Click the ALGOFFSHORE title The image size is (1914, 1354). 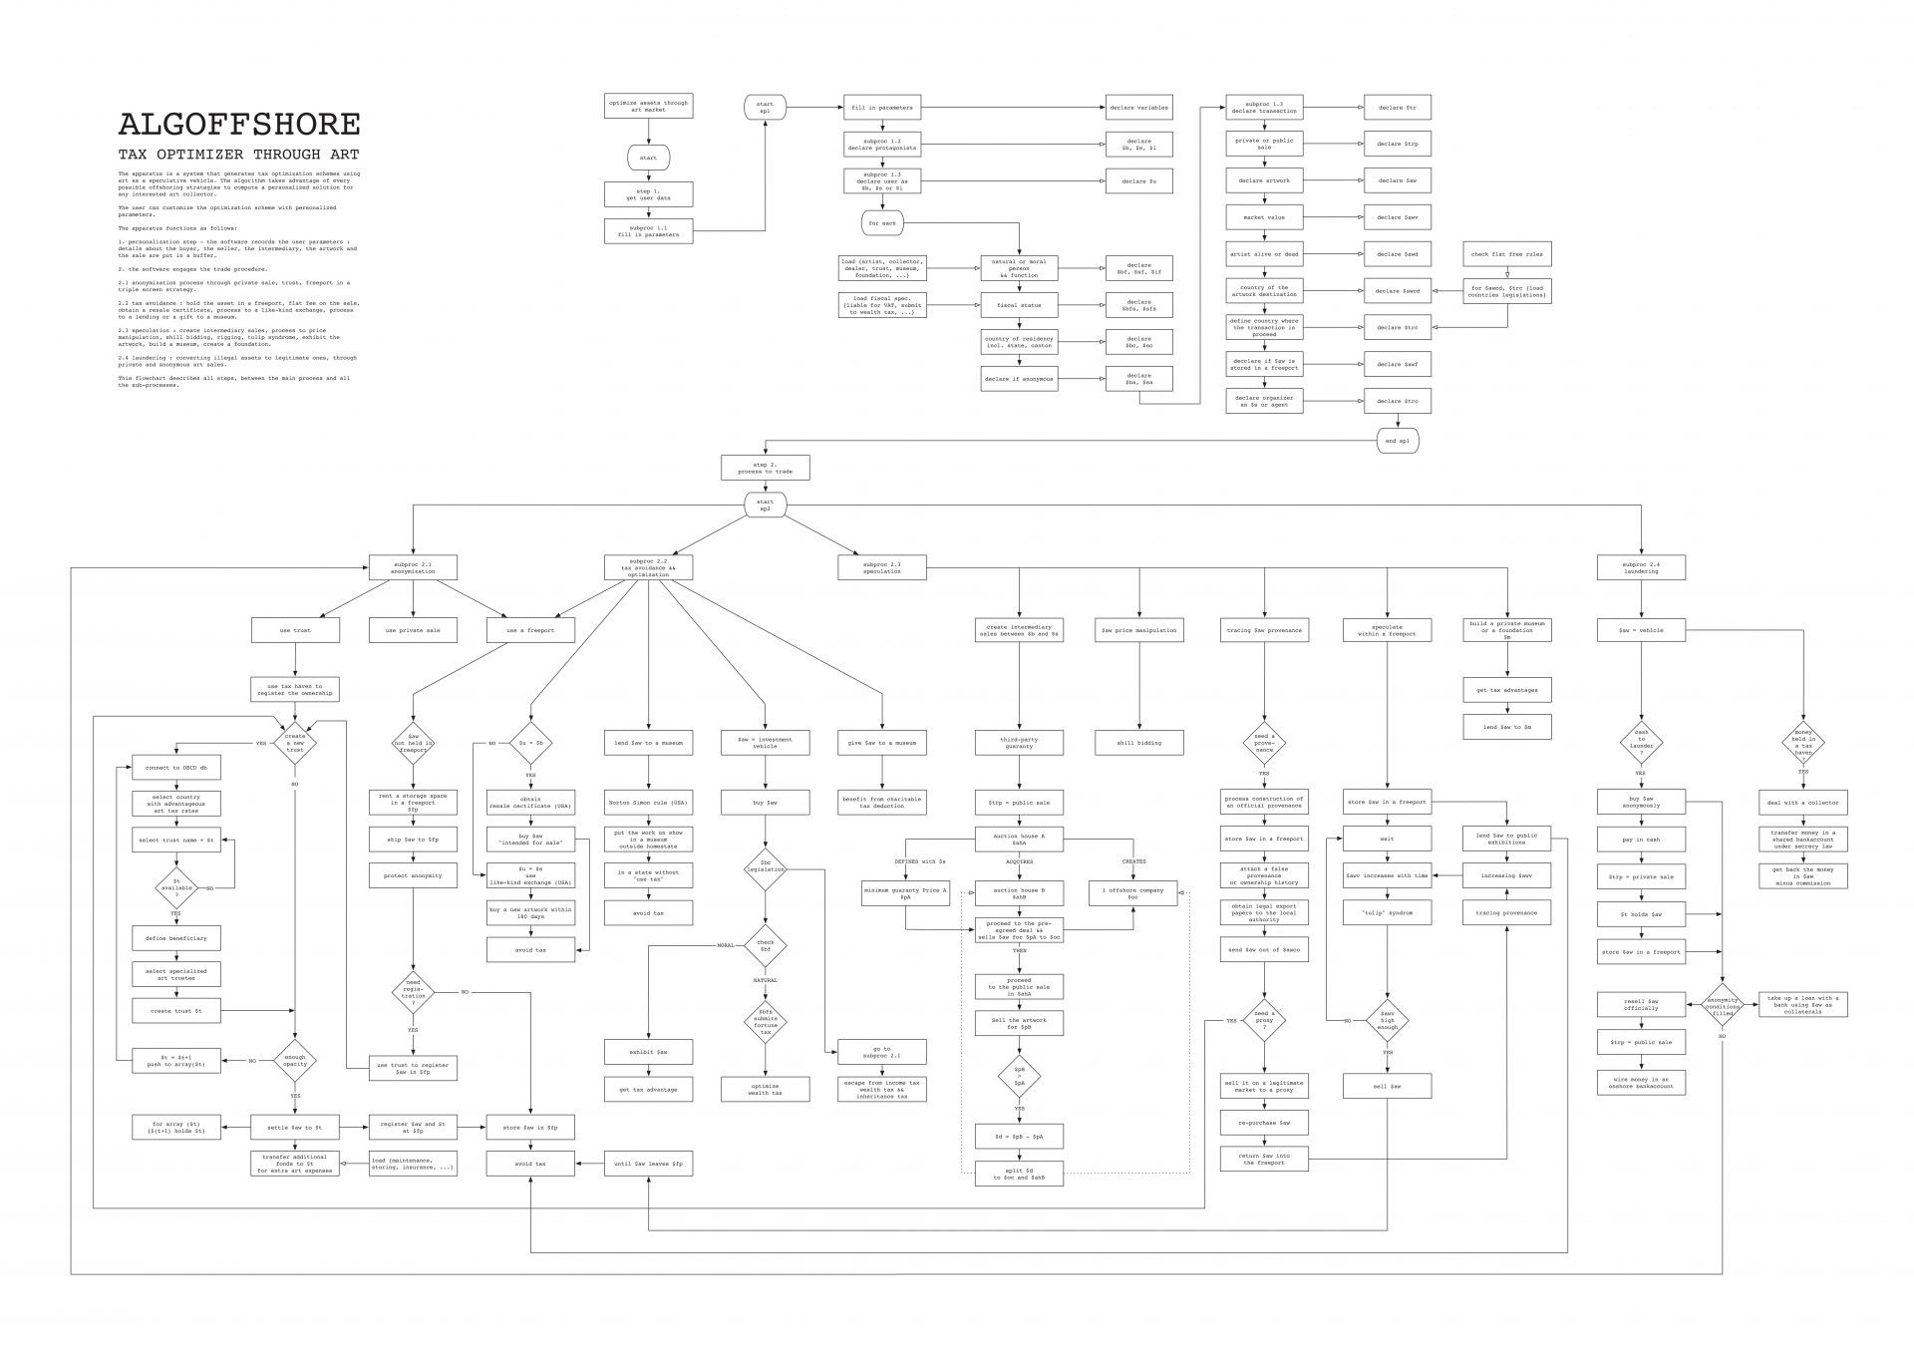tap(239, 125)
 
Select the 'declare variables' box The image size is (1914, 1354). tap(1138, 108)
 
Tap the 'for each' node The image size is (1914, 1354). tap(882, 223)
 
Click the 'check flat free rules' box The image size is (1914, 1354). tap(1506, 254)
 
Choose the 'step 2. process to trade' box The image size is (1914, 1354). tap(765, 468)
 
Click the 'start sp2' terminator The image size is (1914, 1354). tap(765, 506)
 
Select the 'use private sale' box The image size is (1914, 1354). tap(413, 630)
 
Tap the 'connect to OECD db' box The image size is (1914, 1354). tap(176, 768)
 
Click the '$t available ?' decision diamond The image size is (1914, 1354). tap(176, 886)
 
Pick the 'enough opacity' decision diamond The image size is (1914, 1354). tap(295, 1060)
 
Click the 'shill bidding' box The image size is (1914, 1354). tap(1138, 742)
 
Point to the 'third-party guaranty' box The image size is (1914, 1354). tap(1019, 742)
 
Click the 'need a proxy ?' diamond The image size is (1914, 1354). tap(1264, 1021)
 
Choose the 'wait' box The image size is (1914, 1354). tap(1387, 839)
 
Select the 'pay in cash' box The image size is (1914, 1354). tap(1641, 840)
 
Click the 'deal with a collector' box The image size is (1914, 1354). tap(1802, 802)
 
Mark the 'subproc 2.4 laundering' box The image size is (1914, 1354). tap(1641, 568)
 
